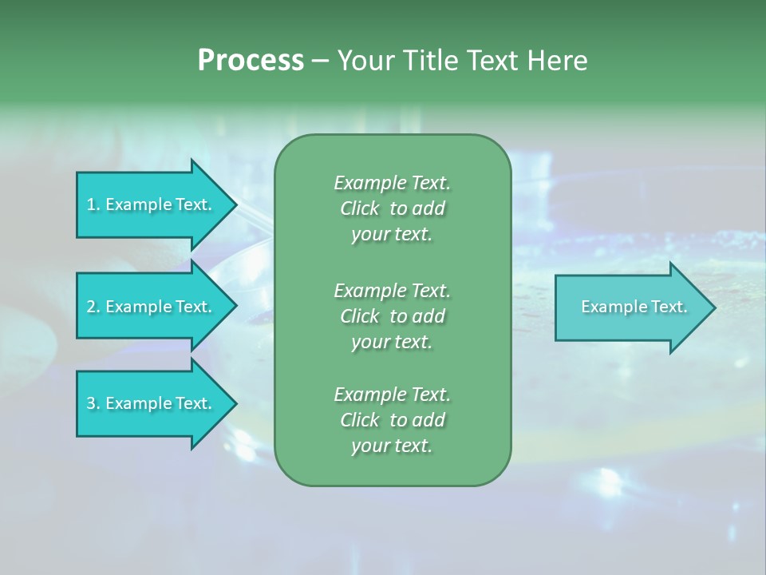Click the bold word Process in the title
pos(251,60)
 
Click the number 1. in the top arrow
pos(93,204)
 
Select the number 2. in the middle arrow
pos(93,307)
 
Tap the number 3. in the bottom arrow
pos(93,403)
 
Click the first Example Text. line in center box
pos(392,183)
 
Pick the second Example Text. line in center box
pos(392,290)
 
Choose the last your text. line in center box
pos(392,446)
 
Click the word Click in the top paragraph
pos(360,208)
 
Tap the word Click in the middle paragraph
pos(360,316)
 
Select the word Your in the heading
pos(364,60)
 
